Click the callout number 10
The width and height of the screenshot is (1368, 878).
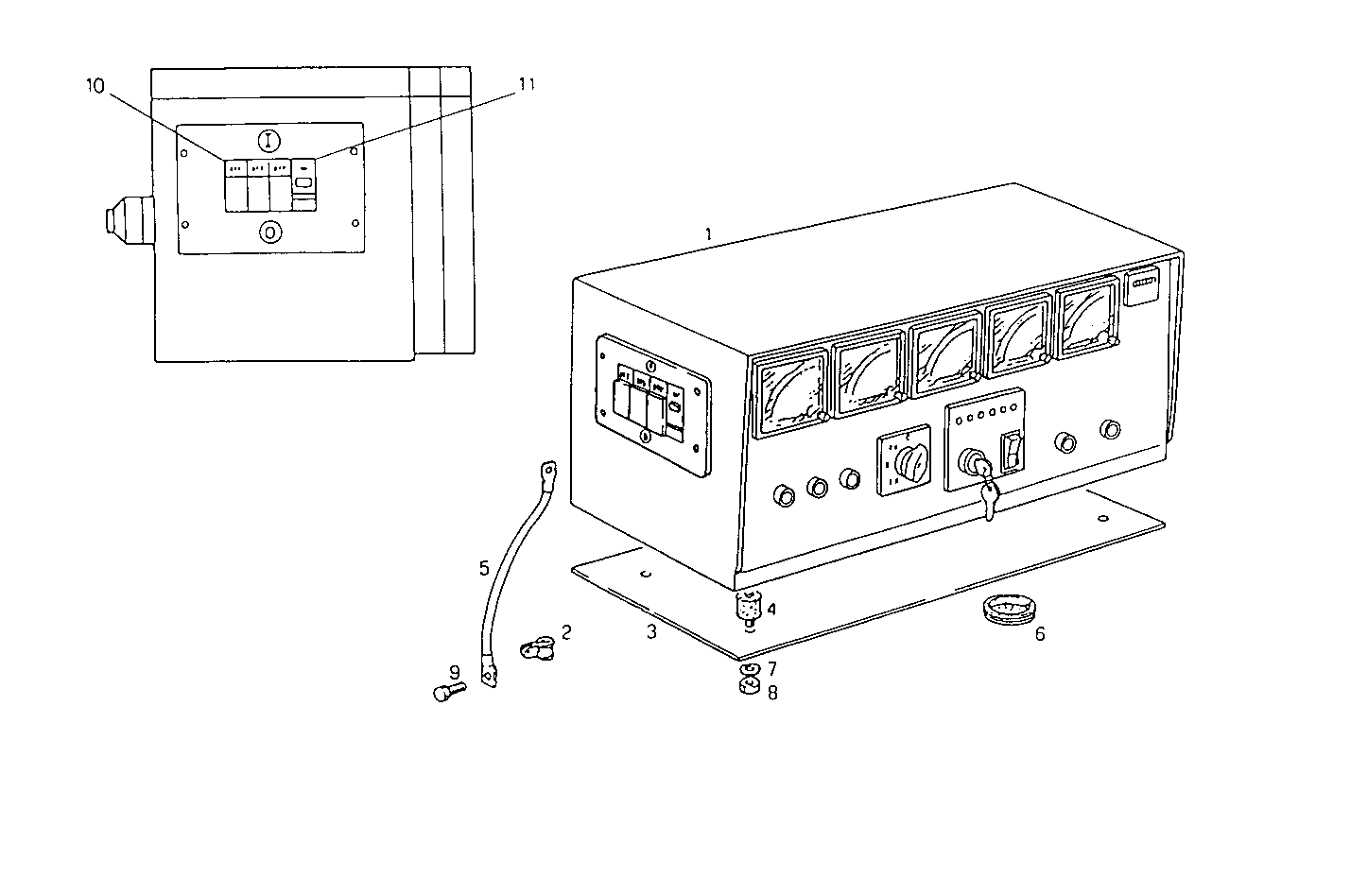(95, 86)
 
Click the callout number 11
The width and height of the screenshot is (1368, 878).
(527, 84)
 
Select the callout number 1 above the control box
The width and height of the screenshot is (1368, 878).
(708, 232)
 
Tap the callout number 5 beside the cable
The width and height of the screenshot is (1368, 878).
(484, 568)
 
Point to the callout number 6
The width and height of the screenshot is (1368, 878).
(1040, 634)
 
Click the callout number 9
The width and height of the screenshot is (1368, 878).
(455, 672)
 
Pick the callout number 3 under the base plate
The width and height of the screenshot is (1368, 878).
(651, 632)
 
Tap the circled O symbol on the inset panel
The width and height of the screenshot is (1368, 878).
(270, 231)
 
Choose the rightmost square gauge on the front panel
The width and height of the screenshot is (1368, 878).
(1087, 320)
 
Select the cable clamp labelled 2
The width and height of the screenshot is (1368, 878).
(537, 648)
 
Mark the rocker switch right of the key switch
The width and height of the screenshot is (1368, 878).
(1013, 451)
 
